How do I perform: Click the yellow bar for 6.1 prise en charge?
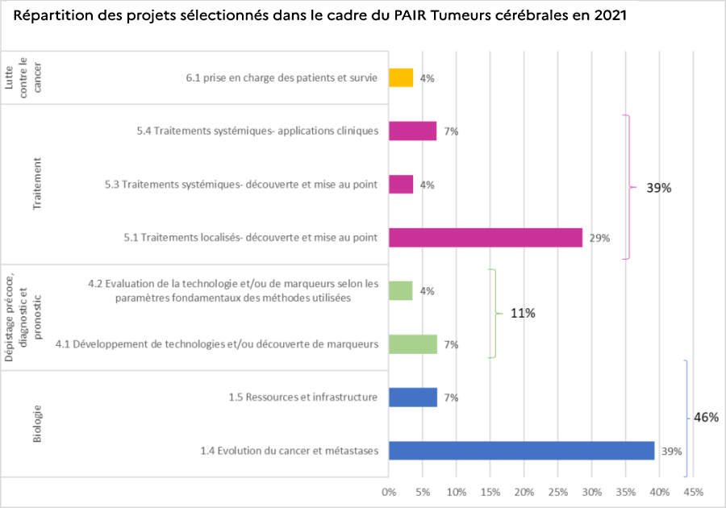coord(401,77)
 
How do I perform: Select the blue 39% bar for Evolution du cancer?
coord(521,450)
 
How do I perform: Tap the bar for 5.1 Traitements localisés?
coord(485,237)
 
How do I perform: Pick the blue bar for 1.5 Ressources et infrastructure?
coord(413,397)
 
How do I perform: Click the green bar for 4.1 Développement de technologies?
coord(413,344)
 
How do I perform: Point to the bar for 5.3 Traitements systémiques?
coord(401,184)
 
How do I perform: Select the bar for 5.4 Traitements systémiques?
coord(413,131)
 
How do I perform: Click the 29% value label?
coord(599,238)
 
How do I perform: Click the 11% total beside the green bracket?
coord(523,313)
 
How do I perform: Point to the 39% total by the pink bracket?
coord(659,188)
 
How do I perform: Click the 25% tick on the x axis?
coord(558,491)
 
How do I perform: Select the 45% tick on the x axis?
coord(693,491)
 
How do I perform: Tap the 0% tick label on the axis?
coord(389,491)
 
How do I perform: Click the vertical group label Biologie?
coord(37,423)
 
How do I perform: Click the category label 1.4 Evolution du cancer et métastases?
coord(290,451)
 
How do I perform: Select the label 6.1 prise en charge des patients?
coord(282,78)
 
